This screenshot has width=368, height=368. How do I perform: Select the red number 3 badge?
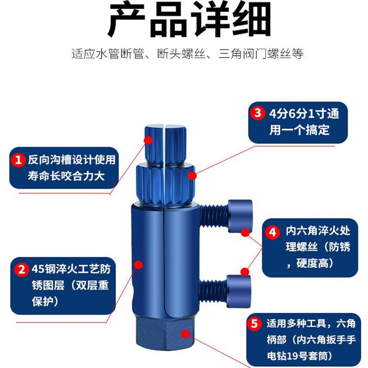[x=257, y=113]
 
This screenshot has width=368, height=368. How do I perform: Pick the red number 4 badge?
[x=273, y=232]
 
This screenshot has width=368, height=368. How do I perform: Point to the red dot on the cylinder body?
[x=138, y=264]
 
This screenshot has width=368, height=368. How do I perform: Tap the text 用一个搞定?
[x=299, y=130]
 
